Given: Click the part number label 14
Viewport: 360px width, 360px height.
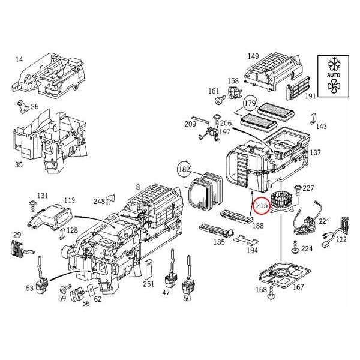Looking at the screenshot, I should [x=19, y=59].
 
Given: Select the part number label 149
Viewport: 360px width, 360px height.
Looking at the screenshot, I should [x=253, y=56].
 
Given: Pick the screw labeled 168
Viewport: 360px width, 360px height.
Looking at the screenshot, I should [x=272, y=295].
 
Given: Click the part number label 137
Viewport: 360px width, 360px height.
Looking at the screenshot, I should [x=315, y=153].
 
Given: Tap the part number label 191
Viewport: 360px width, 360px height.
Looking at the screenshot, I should [x=310, y=96].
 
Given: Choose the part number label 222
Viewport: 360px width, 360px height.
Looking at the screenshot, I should [x=341, y=239].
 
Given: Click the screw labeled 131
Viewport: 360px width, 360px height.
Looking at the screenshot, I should [x=29, y=206].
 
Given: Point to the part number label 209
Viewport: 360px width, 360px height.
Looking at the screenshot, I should [x=190, y=124].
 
